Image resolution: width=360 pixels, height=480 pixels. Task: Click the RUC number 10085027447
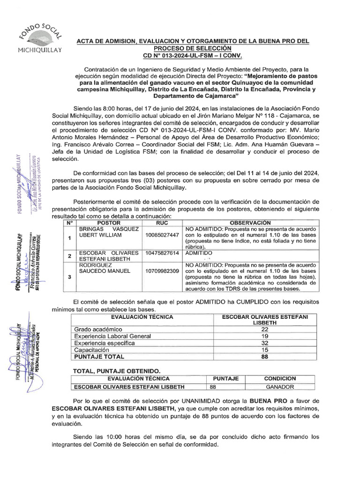[x=162, y=235]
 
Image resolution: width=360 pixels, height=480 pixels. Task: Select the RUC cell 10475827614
[x=162, y=253]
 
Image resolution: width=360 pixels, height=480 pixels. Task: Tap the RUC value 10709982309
[x=162, y=271]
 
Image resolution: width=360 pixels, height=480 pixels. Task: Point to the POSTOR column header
[x=108, y=223]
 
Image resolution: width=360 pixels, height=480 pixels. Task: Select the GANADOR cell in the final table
[x=280, y=387]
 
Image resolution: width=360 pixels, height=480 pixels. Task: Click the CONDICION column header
[x=280, y=378]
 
